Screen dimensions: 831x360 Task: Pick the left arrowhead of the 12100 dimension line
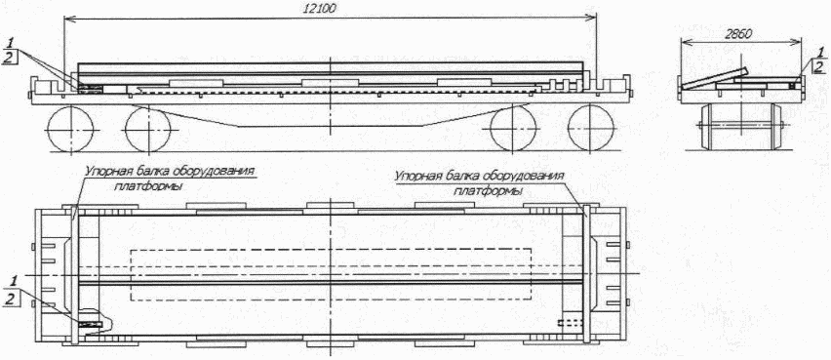point(66,17)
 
